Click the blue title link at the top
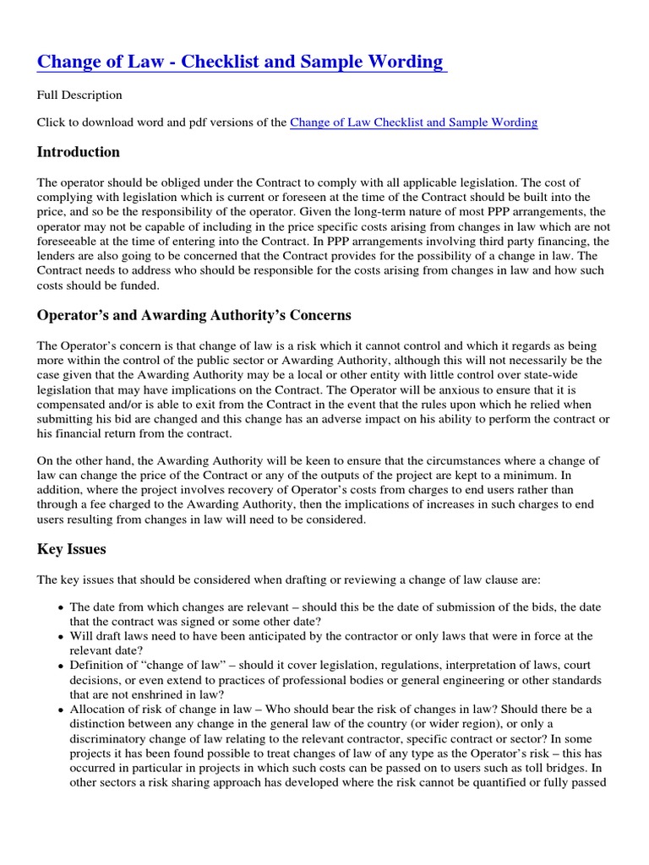240,62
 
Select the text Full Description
79,95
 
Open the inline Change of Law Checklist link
413,122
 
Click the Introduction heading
79,152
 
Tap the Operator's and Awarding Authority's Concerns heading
194,315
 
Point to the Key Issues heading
72,549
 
